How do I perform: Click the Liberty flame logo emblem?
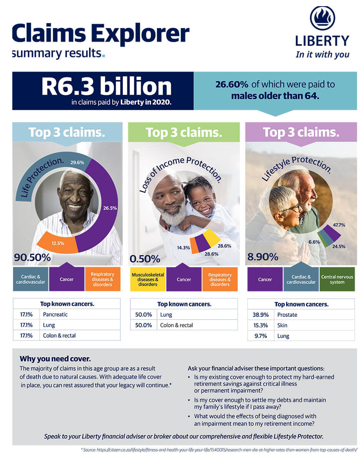[x=322, y=18]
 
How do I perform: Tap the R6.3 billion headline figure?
[x=107, y=87]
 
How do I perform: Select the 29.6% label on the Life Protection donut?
[x=77, y=163]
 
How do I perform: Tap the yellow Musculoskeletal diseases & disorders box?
[x=148, y=280]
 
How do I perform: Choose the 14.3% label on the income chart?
[x=183, y=248]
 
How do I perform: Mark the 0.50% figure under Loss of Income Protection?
[x=145, y=258]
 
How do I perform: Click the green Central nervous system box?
[x=337, y=280]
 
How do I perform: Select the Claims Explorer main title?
[x=101, y=34]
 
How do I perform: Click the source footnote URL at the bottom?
[x=219, y=450]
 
